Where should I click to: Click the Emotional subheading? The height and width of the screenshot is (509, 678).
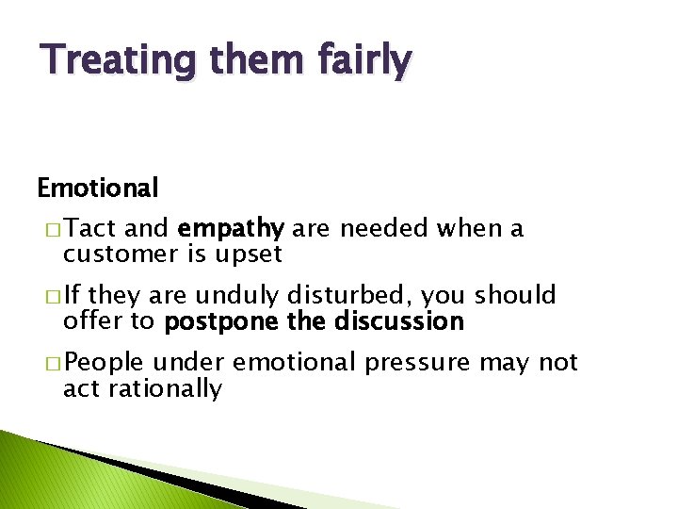point(97,189)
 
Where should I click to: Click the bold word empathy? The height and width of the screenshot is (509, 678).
point(231,229)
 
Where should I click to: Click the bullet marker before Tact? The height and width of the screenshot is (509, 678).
point(47,229)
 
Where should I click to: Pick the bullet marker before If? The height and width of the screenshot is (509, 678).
point(47,297)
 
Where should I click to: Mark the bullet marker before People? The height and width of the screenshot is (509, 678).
point(47,364)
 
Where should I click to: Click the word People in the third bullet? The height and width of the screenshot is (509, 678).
point(104,363)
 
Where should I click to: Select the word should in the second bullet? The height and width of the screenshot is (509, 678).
point(515,296)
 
